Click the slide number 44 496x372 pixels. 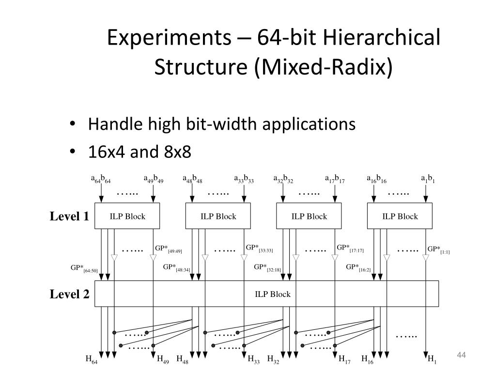461,356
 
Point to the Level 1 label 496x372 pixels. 69,217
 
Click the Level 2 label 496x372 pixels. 69,294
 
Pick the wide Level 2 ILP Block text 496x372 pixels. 273,294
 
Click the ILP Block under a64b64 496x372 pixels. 127,217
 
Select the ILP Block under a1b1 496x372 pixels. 400,217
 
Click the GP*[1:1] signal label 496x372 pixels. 438,250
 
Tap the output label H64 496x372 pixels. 92,360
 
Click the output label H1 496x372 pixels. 432,360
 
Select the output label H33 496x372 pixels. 254,360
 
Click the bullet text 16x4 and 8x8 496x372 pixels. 139,152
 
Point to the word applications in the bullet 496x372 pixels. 308,124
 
